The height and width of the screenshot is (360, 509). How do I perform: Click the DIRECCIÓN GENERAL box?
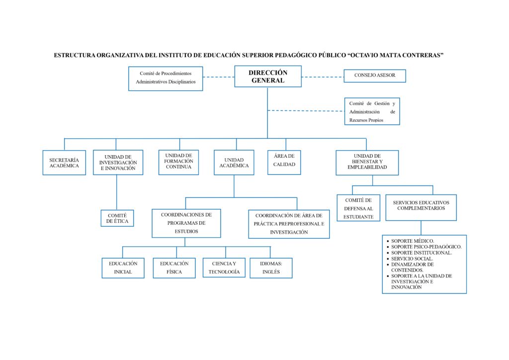pos(268,77)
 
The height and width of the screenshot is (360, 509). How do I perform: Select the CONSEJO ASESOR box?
pos(375,76)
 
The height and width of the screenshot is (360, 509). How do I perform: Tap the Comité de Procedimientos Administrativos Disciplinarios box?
pos(166,78)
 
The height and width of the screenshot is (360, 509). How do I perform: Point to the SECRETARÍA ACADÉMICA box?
pos(64,163)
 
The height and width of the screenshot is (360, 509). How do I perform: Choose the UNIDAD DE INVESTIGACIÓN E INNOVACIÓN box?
pos(118,163)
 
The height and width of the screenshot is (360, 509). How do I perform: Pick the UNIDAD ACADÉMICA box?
pos(234,163)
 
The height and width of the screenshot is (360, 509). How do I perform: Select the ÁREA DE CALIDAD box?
pos(284,162)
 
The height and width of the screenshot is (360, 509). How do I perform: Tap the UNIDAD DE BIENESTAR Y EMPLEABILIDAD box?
pos(367,163)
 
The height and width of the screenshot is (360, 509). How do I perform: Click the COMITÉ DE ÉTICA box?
pos(117,218)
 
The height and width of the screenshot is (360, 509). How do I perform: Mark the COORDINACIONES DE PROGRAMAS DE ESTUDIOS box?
pos(186,223)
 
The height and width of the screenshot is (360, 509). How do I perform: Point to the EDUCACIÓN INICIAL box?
pos(123,268)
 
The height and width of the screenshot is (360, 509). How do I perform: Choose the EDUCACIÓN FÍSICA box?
pos(174,268)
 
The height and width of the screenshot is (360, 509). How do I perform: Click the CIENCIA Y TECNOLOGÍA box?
pos(224,268)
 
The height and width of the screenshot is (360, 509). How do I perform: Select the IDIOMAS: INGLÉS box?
pos(271,268)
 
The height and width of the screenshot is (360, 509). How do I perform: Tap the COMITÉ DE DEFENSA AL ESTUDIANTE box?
pos(358,208)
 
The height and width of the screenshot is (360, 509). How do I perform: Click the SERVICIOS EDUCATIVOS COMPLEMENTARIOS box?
pos(421,205)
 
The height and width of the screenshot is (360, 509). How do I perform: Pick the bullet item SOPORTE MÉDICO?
pos(413,241)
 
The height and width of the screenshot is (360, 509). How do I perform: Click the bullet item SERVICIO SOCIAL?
pos(412,259)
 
